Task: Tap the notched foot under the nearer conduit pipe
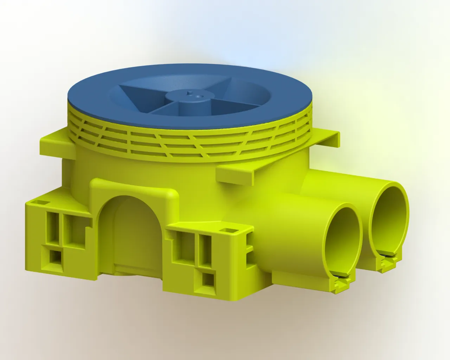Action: tap(341, 284)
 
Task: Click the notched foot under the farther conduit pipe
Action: tap(387, 263)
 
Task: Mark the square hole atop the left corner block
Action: tap(42, 203)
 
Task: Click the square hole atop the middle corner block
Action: tap(228, 230)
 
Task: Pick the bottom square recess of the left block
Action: tap(56, 257)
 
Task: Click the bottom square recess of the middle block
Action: tap(207, 280)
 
